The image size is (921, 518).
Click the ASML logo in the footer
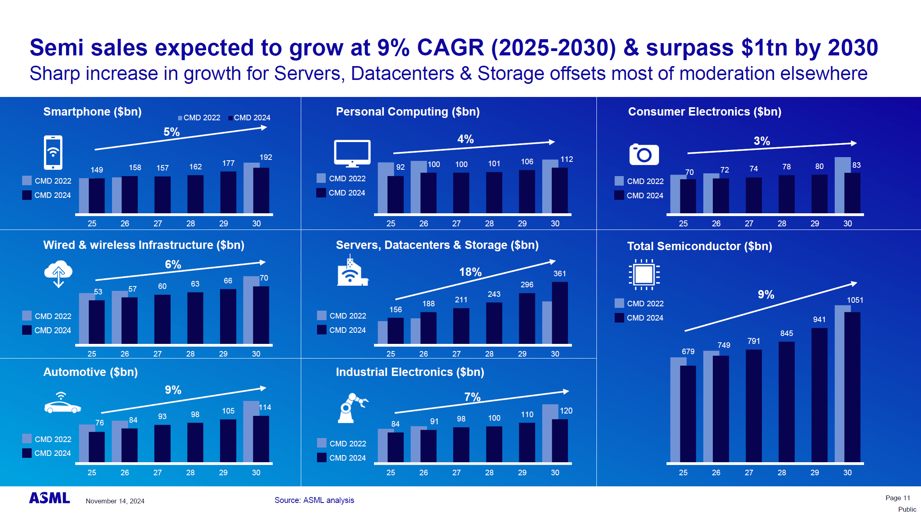[49, 498]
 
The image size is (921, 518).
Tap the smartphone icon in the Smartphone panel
[53, 153]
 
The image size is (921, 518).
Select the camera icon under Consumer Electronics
[644, 154]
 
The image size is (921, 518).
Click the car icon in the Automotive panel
[63, 404]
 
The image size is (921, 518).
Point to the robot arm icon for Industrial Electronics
[351, 408]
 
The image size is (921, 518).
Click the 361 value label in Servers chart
[559, 273]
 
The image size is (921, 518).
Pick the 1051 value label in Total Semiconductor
[855, 300]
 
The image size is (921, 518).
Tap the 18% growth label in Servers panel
[470, 272]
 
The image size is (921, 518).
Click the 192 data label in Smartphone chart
[266, 157]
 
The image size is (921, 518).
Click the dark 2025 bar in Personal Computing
[395, 195]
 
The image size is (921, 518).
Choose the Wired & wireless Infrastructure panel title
[144, 245]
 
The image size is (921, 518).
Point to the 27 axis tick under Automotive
[158, 472]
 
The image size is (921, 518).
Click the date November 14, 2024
[115, 501]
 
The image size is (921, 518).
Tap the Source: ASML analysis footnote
[314, 500]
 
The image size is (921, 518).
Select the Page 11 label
[898, 498]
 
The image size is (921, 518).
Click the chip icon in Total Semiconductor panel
[644, 275]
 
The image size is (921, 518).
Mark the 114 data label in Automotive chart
[265, 407]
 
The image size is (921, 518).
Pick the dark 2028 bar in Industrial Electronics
[494, 444]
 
